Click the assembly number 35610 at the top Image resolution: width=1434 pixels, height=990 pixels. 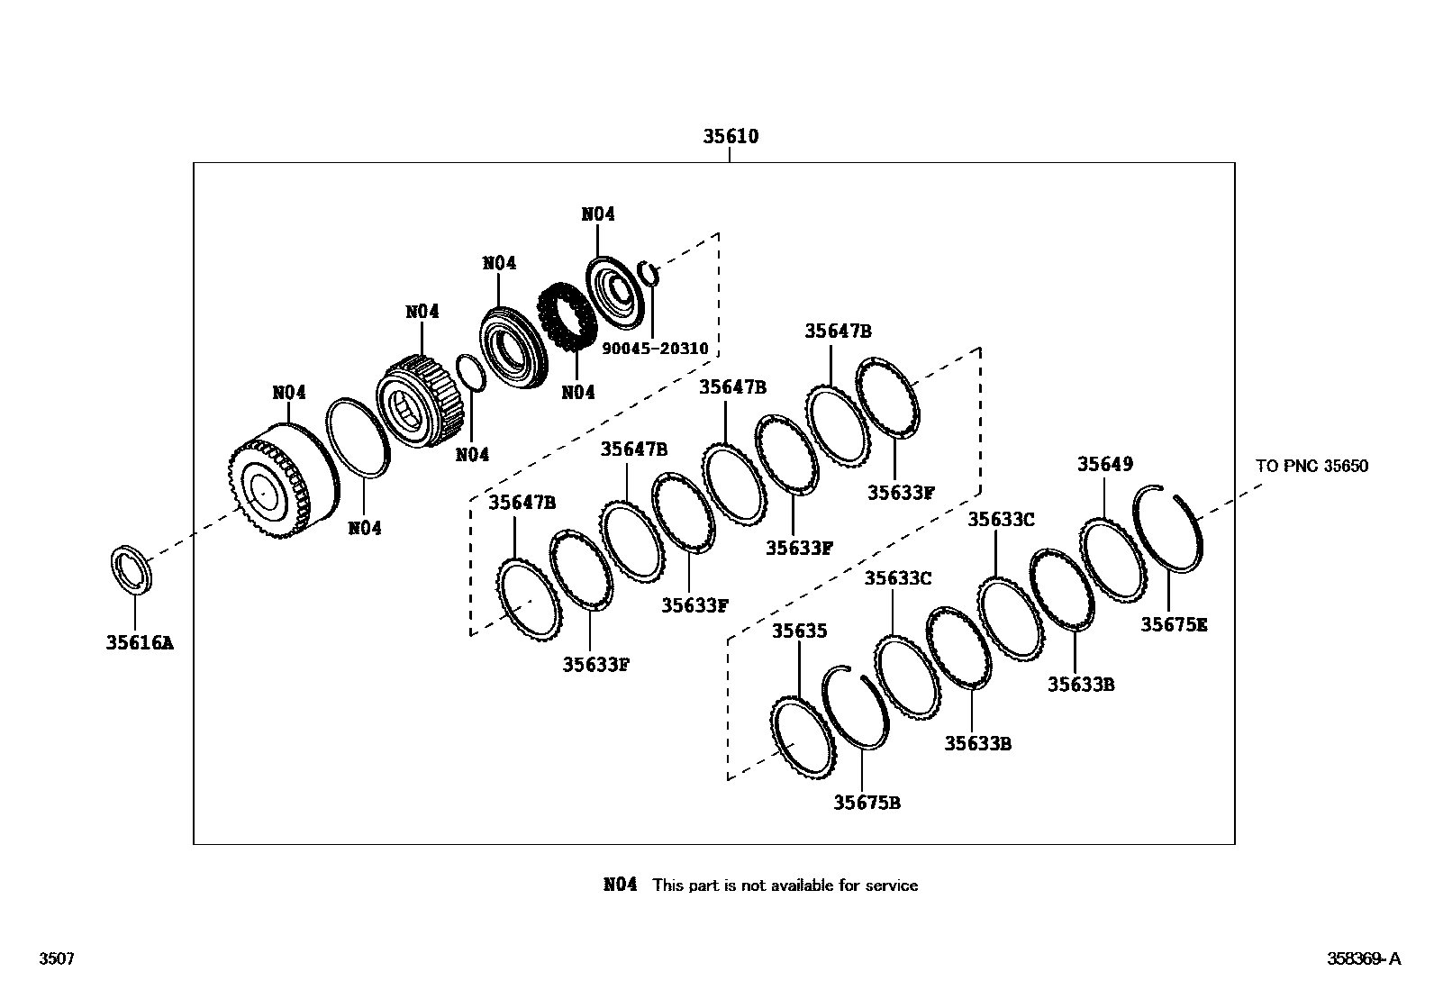[x=731, y=137]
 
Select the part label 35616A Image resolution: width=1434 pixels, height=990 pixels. [x=139, y=642]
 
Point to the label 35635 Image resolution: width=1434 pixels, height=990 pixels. [x=799, y=631]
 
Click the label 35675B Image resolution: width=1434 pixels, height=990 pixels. [x=866, y=802]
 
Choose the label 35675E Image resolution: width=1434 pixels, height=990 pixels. [x=1174, y=623]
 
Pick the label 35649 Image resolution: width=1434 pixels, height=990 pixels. [x=1105, y=464]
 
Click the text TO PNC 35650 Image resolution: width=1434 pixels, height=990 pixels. [x=1311, y=466]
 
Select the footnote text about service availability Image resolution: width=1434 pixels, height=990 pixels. [x=785, y=886]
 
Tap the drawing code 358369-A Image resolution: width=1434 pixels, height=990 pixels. [x=1363, y=958]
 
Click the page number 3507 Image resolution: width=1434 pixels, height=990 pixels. [x=56, y=958]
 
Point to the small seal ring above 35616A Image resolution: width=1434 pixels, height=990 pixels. [x=132, y=570]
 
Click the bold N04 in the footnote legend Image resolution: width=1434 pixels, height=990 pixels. [x=620, y=886]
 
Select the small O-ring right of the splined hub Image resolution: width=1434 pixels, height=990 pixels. [x=471, y=374]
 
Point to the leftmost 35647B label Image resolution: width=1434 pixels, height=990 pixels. [x=522, y=502]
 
